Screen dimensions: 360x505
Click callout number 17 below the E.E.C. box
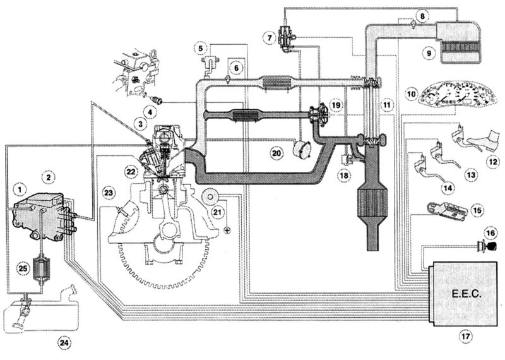tap(465, 337)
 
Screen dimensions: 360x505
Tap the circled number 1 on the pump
tap(21, 188)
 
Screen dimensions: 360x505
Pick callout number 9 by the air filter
tap(429, 54)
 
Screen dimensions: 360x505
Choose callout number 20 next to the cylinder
tap(276, 152)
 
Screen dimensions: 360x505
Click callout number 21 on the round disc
tap(216, 212)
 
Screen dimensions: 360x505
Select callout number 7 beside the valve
tap(270, 39)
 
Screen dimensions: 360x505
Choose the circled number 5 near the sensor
tap(200, 47)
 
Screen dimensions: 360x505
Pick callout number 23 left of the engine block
tap(109, 191)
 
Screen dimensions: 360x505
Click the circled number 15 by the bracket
tap(477, 209)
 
